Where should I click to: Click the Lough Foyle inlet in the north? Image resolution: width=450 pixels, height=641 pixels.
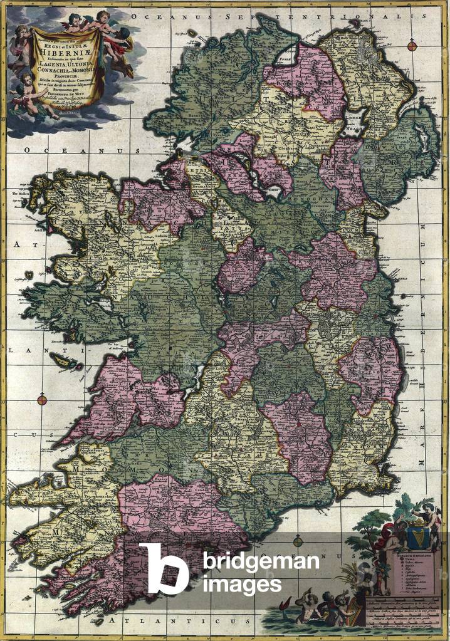288,60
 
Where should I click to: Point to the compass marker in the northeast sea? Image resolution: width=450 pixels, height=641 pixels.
412,45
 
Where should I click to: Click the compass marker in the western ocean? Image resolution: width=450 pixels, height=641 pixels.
42,399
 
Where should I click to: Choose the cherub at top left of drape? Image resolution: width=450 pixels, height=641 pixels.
23,38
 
